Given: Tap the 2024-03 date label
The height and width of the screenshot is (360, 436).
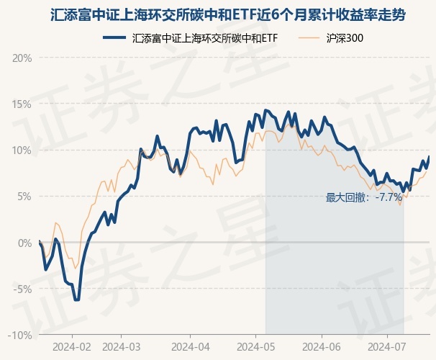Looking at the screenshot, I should point(121,346).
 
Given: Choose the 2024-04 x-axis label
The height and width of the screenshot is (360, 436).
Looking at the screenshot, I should point(189,346).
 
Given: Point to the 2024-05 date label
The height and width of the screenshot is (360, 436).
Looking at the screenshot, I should point(256,346).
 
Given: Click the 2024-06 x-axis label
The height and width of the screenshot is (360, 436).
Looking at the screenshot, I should point(321,346).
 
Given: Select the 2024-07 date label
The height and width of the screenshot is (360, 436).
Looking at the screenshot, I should point(387,346).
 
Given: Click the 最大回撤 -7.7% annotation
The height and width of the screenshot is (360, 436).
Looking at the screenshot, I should point(364,197).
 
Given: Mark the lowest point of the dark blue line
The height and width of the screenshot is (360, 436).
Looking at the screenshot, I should point(76,300).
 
